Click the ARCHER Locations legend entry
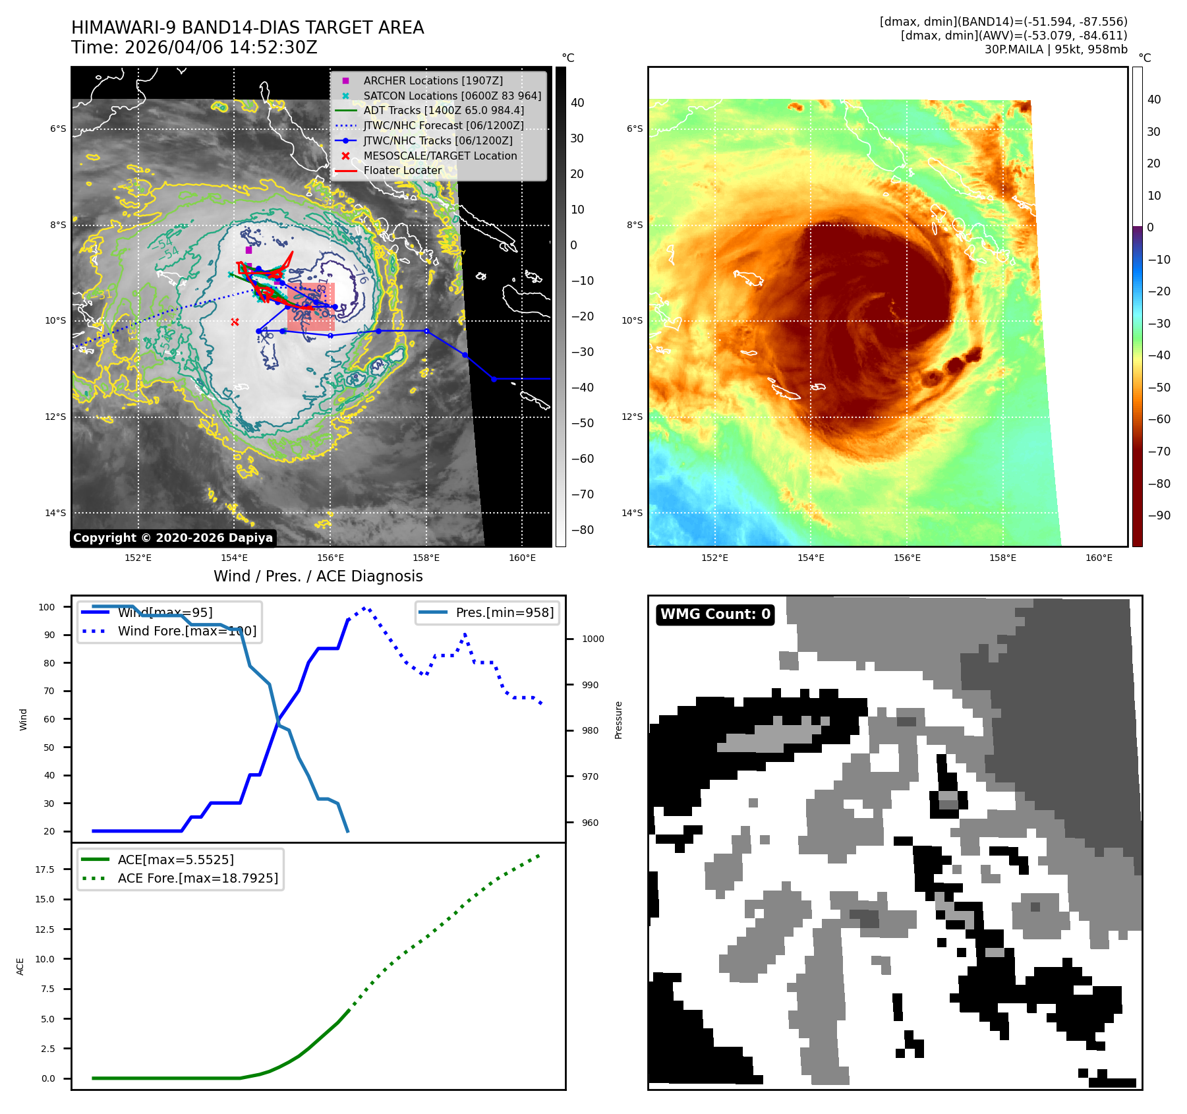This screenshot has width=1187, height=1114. [432, 80]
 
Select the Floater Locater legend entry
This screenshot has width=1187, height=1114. [402, 170]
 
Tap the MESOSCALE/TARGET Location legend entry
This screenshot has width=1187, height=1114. [440, 156]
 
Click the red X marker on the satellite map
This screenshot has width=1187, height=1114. [235, 322]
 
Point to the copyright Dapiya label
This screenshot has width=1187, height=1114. [173, 538]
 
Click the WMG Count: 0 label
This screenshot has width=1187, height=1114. [715, 614]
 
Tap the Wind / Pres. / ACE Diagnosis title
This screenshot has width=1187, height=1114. [318, 576]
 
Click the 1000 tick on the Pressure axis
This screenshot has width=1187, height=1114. [593, 639]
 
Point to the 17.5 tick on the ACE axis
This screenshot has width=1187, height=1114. [45, 869]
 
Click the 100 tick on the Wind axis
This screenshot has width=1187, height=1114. [47, 607]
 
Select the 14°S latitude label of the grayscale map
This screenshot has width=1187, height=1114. [55, 513]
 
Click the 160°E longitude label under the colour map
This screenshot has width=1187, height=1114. [1098, 558]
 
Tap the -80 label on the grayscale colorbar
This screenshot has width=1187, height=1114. [582, 530]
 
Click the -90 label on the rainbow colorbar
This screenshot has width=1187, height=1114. [1159, 515]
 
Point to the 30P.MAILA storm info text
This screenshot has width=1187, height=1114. [1055, 49]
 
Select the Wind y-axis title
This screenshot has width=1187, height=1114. [23, 719]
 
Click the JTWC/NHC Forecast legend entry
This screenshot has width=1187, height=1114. [443, 125]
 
